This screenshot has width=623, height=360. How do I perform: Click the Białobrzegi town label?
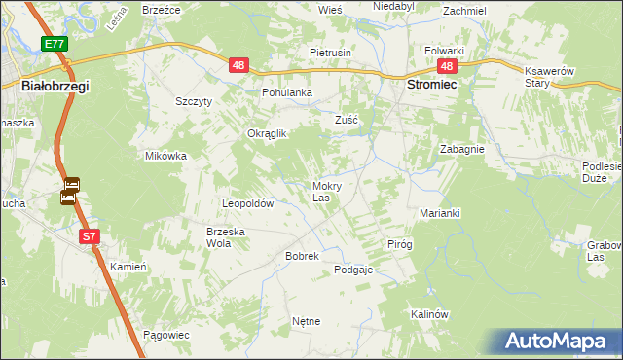tap(55, 87)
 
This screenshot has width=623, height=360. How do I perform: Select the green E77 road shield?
tap(54, 44)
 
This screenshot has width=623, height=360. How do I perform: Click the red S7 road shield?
tap(89, 236)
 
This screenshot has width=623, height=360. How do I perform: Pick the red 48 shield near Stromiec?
tap(447, 66)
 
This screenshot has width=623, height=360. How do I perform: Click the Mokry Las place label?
tap(324, 191)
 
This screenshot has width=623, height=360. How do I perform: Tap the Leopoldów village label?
tap(248, 204)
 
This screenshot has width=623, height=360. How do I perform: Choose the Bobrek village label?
tap(275, 256)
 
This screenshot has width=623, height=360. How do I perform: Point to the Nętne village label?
tap(306, 320)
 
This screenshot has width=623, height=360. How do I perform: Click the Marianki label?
tap(439, 213)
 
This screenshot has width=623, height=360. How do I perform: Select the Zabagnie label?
tap(462, 150)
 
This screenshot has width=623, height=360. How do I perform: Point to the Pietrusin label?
tap(330, 51)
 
